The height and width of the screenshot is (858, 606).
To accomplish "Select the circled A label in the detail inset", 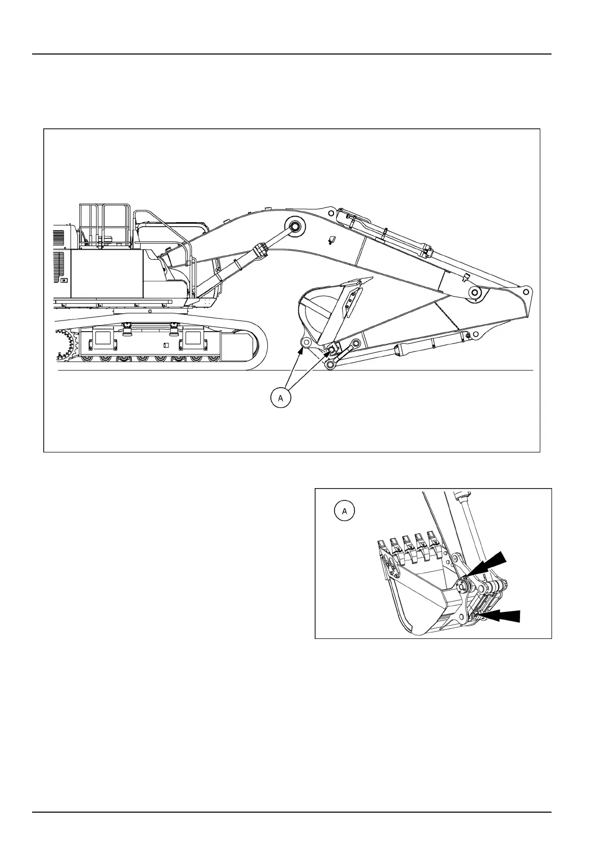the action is pos(345,511).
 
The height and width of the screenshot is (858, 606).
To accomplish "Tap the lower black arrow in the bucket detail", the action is pos(502,616).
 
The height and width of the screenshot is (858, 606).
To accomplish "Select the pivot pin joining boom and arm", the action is pos(476,293).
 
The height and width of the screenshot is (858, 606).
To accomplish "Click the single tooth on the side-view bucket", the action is pos(366,279).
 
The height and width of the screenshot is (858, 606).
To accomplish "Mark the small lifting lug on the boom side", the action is pos(332,239).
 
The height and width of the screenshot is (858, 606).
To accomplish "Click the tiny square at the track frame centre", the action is pos(164,345).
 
